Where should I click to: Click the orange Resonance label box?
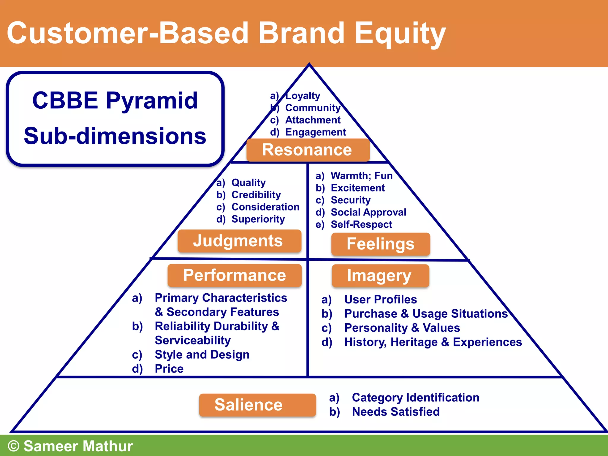coord(308,150)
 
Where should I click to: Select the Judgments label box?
coord(239,241)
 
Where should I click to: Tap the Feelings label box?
coord(381,244)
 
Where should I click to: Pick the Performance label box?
coord(235,275)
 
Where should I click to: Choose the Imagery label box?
coord(380,276)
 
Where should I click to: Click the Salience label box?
coord(257,405)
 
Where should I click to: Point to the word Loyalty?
coord(303,96)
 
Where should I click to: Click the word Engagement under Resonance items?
coord(315,132)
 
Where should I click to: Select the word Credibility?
coord(256,195)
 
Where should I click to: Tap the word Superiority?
coord(258,219)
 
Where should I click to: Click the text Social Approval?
coord(368,212)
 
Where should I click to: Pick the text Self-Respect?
coord(361,224)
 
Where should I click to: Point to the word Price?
coord(169,369)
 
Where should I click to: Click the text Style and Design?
coord(202,354)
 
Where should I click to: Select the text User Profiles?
coord(380,300)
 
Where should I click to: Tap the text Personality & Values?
coord(402,328)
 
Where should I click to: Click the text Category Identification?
coord(415,398)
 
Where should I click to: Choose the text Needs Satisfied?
coord(395,412)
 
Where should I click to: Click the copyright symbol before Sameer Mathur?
coord(14,446)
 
